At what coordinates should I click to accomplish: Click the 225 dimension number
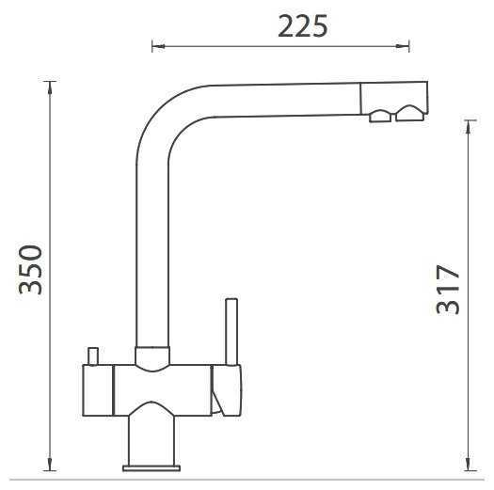tap(303, 26)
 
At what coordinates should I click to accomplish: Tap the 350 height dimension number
tap(30, 270)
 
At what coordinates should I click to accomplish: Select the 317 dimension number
tap(448, 290)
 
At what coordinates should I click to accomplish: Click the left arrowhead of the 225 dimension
tap(158, 47)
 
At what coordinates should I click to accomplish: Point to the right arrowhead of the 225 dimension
tap(403, 46)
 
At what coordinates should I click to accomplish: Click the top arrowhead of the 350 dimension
tap(50, 87)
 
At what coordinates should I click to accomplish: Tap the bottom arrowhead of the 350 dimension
tap(50, 464)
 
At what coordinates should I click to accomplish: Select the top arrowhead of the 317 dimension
tap(470, 126)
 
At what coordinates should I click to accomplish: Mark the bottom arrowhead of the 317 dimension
tap(470, 465)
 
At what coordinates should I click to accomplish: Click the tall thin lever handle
tap(231, 332)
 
